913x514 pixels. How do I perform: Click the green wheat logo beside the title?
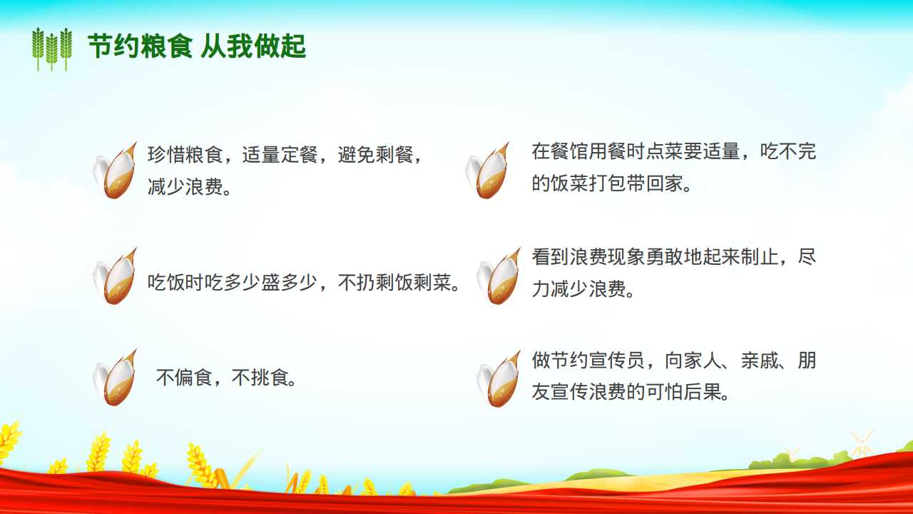(52, 49)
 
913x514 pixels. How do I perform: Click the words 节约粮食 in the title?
(140, 46)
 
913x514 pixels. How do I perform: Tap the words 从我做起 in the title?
(253, 46)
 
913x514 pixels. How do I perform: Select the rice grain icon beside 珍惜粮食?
(115, 171)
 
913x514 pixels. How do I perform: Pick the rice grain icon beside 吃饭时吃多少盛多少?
(115, 276)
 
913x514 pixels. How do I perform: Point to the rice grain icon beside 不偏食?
(115, 378)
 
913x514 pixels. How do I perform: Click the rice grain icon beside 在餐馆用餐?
(487, 171)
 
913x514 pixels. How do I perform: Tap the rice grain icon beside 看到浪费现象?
(499, 276)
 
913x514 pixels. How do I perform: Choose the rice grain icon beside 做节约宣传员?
(499, 378)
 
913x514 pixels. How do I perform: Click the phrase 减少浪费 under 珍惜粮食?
(185, 187)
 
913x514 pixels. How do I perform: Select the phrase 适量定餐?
(280, 155)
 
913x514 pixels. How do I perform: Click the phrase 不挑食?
(260, 378)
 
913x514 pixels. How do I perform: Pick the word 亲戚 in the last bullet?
(760, 361)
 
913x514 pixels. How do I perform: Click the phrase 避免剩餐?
(375, 155)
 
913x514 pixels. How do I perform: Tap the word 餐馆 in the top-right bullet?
(570, 151)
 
